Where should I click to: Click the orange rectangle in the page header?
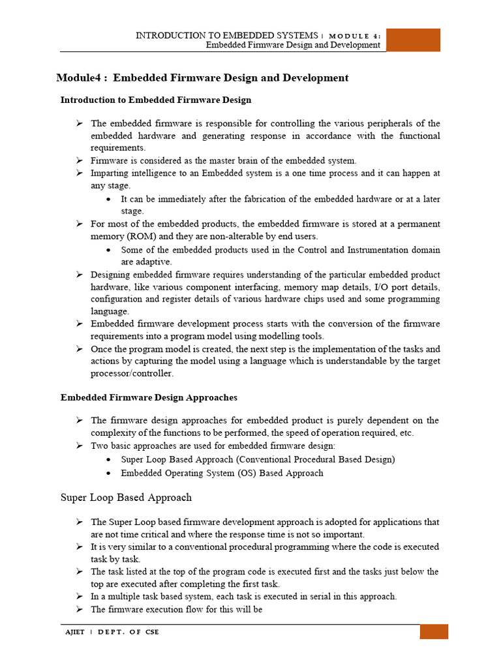[413, 40]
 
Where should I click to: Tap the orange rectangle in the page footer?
[433, 632]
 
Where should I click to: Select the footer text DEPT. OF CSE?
[128, 632]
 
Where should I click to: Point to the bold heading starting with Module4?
[203, 78]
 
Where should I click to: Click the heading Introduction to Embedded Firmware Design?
[156, 100]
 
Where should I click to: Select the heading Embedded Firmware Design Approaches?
[149, 397]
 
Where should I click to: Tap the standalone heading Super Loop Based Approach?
[126, 498]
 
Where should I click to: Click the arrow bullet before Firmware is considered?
[78, 161]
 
